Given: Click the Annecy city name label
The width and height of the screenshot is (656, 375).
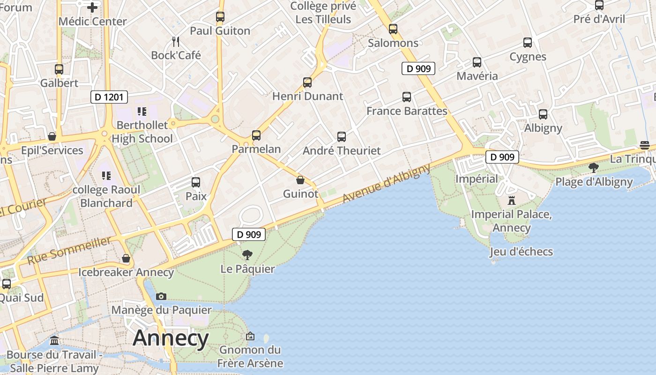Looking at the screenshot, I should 171,338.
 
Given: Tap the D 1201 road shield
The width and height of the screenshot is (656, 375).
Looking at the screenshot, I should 109,97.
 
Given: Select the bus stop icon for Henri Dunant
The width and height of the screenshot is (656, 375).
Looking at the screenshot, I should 307,82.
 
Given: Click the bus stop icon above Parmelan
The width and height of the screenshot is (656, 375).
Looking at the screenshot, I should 256,135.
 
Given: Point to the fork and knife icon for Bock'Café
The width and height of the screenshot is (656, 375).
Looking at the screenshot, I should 176,42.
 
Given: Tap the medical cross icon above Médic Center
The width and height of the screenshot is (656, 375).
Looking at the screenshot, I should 92,7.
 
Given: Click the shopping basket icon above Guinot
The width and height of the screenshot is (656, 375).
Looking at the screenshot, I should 300,180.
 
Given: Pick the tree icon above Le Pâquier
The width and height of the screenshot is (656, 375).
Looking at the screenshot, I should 247,255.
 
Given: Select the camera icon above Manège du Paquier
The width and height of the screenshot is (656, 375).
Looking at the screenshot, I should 161,296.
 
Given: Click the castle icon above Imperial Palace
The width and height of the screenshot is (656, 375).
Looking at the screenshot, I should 512,201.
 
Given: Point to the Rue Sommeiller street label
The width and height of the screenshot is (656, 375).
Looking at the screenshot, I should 69,250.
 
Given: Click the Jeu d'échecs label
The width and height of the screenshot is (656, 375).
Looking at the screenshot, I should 521,252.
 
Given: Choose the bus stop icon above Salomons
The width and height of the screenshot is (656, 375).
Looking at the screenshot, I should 393,29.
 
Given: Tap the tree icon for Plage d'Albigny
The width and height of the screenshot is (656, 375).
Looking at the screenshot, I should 594,168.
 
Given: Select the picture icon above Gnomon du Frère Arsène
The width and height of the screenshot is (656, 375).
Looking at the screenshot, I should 250,336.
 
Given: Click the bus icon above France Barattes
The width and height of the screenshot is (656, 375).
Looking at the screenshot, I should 407,97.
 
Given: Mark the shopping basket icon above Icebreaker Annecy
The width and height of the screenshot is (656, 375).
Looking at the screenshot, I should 126,258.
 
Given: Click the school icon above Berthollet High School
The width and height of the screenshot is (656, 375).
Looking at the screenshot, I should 142,112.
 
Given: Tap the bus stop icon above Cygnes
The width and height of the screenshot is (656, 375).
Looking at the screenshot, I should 528,43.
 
